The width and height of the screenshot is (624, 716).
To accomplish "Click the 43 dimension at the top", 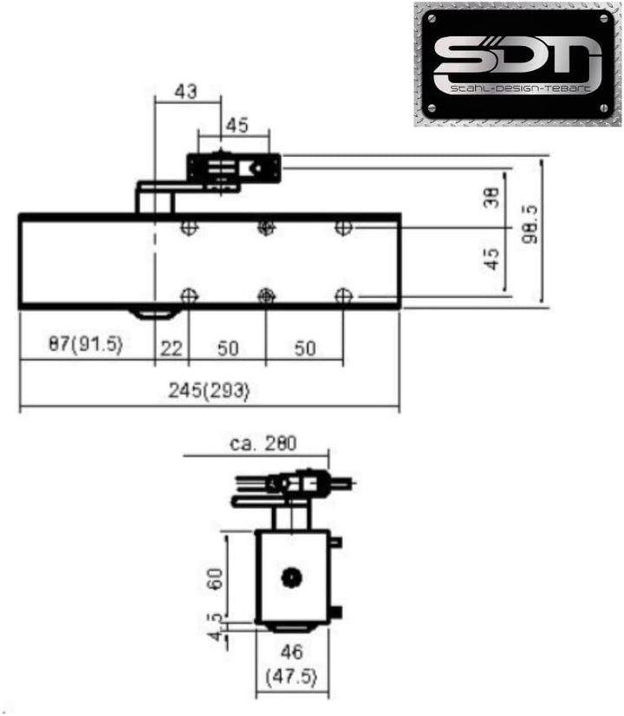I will click(185, 90).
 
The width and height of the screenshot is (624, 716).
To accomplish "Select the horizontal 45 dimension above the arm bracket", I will click(237, 125).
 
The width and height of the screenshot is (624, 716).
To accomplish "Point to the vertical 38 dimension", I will click(493, 199).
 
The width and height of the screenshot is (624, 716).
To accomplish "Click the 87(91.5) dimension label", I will click(86, 344).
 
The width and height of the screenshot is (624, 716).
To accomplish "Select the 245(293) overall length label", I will click(209, 390).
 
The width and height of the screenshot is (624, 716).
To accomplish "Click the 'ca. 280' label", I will click(263, 443).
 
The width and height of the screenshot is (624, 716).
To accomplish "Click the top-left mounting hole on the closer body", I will click(188, 228).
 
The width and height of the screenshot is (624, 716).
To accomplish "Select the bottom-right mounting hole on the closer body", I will click(344, 296).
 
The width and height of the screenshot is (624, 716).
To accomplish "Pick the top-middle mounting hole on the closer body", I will click(266, 228).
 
